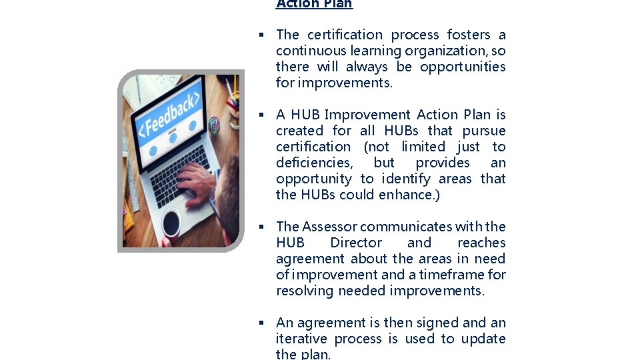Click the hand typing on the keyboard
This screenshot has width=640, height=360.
(197, 181)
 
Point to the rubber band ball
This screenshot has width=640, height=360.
(214, 124)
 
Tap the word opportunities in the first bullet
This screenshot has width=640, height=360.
(463, 67)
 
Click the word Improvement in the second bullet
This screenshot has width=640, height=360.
(367, 115)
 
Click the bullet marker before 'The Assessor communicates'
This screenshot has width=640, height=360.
(263, 227)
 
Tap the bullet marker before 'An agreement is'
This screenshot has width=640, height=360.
(263, 323)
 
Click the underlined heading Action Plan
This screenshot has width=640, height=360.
(314, 4)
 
